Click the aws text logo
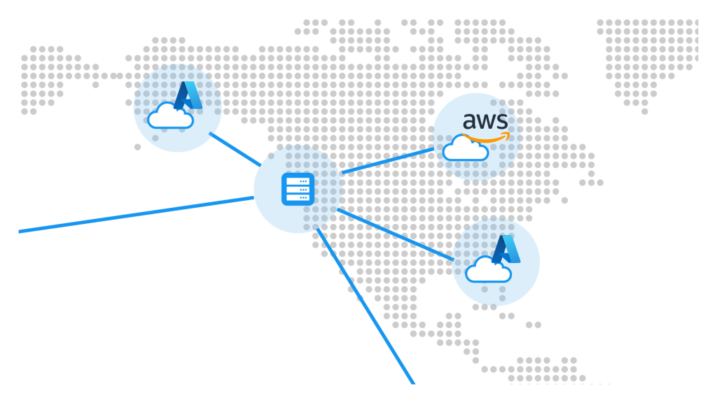tap(485, 120)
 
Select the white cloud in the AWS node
tap(464, 149)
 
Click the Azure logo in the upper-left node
tap(188, 95)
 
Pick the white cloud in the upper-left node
tap(170, 116)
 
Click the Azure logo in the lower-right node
tap(506, 250)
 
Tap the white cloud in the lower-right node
tap(488, 270)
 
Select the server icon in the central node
tap(298, 189)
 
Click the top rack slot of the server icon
tap(298, 181)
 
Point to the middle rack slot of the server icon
tap(298, 189)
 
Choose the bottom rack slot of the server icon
tap(298, 197)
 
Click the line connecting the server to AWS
tap(387, 160)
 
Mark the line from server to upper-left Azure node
tap(235, 149)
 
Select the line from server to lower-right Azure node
tap(396, 234)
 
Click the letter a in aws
tap(470, 121)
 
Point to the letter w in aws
tap(486, 121)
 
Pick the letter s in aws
tap(502, 121)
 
